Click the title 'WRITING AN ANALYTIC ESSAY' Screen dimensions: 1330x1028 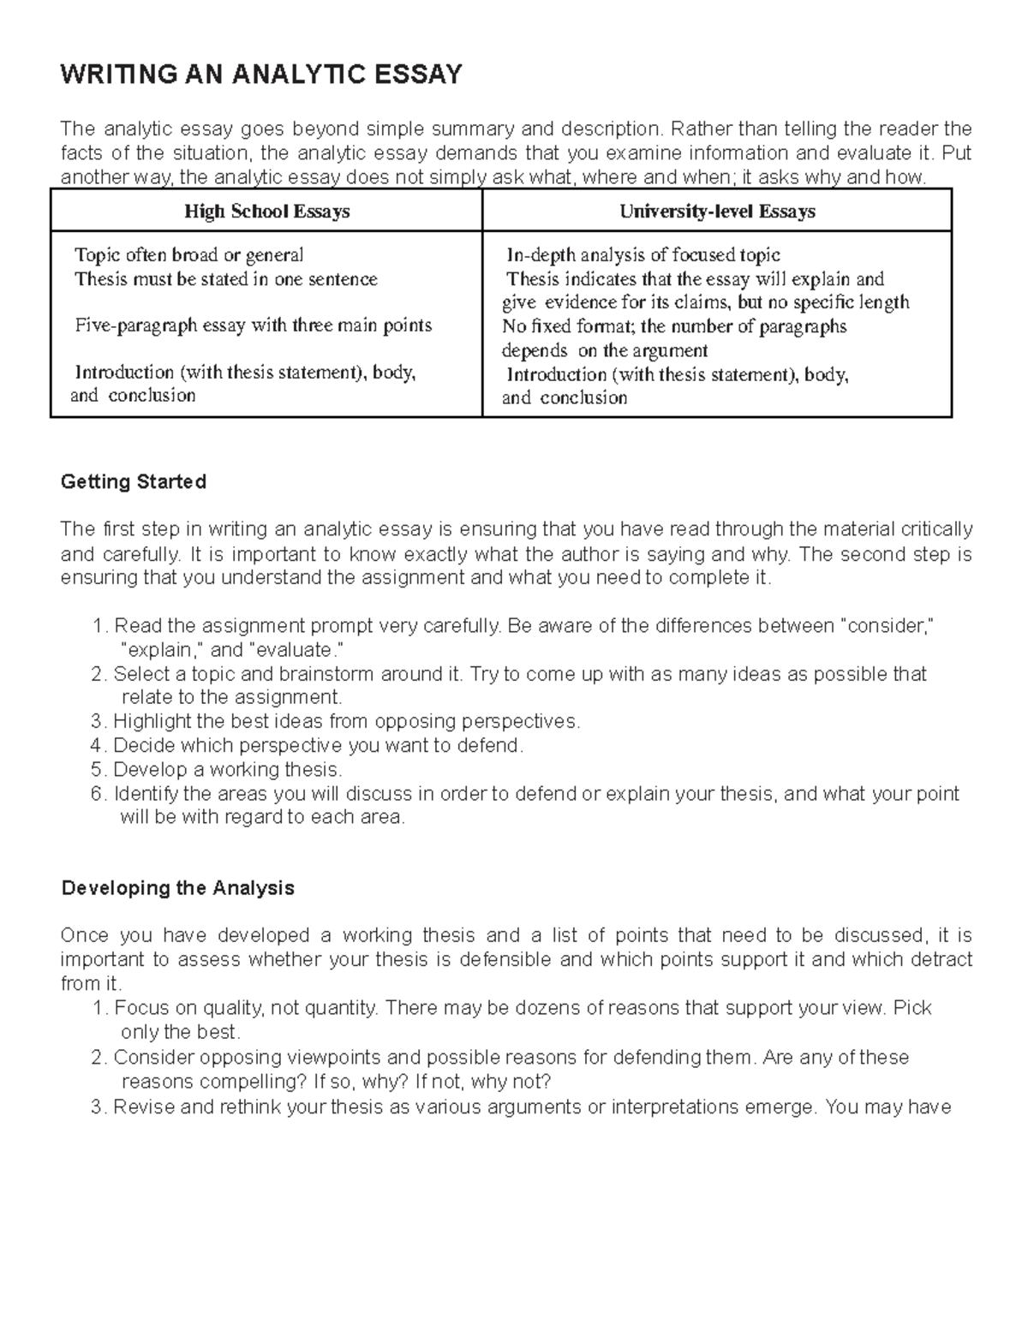point(261,75)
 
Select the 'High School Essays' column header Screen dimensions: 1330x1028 point(267,212)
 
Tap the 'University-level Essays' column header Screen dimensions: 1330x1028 point(717,212)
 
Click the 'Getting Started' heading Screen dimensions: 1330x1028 point(134,482)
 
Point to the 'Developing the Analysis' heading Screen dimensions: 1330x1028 point(178,888)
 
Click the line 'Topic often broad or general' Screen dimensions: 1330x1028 point(188,255)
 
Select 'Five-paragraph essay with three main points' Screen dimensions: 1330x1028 point(253,325)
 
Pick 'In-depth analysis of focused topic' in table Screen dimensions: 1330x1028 point(642,255)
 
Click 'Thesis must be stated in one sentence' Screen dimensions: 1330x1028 point(225,279)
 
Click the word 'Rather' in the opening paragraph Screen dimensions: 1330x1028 point(696,129)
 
